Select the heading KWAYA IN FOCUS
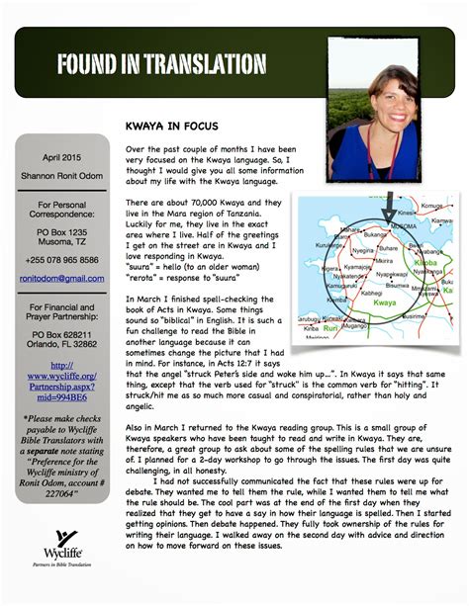180,128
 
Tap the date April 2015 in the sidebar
60,157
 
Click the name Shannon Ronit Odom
60,176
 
